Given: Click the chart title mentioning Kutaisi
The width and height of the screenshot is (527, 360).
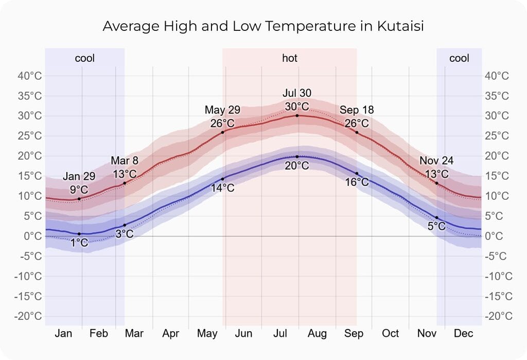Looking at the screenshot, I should click(x=263, y=26).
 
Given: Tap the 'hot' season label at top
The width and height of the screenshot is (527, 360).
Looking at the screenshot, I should click(x=289, y=58).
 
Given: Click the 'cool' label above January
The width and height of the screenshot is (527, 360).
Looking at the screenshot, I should click(x=85, y=58).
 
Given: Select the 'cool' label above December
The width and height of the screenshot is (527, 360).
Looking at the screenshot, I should click(x=459, y=58).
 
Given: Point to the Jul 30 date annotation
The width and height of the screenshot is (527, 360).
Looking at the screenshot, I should click(x=297, y=93).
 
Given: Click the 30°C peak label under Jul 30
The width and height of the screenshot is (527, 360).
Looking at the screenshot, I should click(x=297, y=107).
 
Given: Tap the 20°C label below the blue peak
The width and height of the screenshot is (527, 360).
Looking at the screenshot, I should click(x=297, y=166).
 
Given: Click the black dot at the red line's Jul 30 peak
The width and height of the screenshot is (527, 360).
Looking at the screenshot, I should click(x=297, y=115).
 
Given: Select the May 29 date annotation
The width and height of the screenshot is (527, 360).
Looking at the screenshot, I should click(x=222, y=110).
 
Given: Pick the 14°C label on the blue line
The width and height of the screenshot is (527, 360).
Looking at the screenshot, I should click(x=222, y=188).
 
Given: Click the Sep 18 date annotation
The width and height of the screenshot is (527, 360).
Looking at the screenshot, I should click(x=357, y=110).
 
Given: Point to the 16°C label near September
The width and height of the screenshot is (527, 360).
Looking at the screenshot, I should click(x=357, y=182).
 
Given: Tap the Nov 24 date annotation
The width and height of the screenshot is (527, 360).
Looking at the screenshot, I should click(x=436, y=161).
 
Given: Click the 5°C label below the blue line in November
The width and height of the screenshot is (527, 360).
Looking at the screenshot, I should click(x=436, y=226).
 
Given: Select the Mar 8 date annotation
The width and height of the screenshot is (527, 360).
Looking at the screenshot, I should click(x=125, y=161).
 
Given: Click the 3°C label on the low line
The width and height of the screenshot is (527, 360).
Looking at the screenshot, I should click(x=124, y=234).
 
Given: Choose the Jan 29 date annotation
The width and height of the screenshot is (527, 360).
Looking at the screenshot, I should click(x=79, y=177).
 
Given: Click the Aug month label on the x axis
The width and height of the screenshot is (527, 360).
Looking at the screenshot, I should click(x=317, y=334).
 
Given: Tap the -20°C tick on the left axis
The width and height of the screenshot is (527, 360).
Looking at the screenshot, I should click(x=29, y=316).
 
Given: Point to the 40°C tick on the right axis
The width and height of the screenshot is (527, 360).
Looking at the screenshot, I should click(x=497, y=76).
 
